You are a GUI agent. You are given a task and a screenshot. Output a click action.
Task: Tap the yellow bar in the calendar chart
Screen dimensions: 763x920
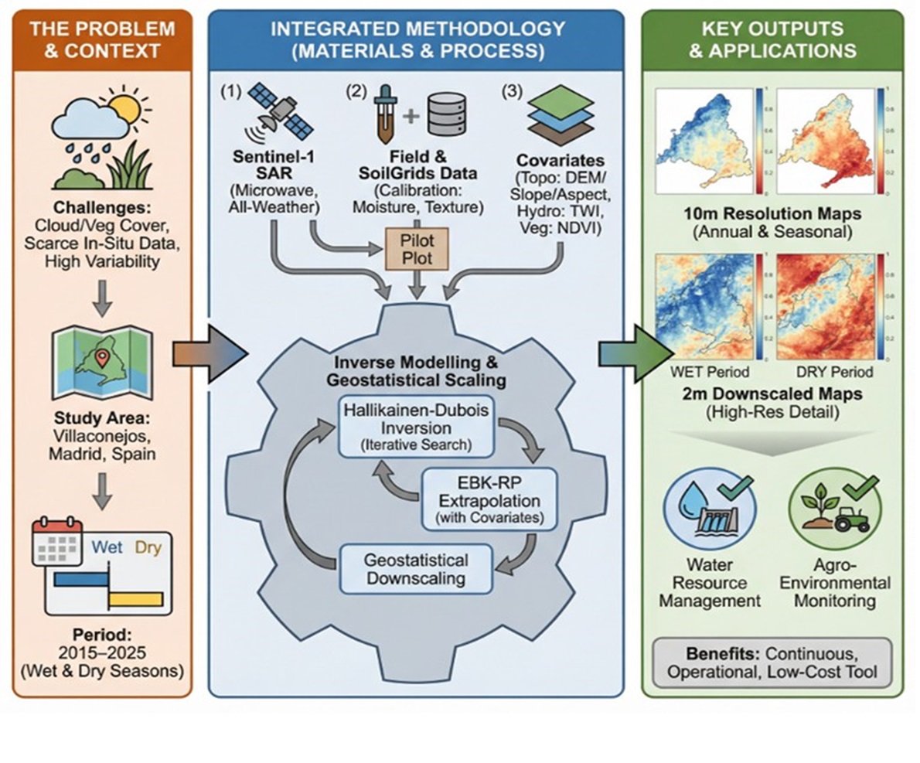(x=135, y=598)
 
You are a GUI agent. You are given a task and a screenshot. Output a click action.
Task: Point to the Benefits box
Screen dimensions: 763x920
(x=773, y=660)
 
